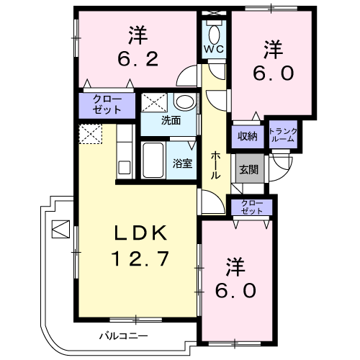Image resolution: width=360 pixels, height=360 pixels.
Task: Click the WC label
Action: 214,49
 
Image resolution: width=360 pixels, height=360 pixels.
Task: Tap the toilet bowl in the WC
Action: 214,35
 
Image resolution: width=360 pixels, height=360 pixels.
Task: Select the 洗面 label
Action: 171,120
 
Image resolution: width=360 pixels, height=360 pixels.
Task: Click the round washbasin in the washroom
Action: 184,102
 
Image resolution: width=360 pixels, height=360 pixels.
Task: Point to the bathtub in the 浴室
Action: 153,161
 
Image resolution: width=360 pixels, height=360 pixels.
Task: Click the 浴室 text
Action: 182,163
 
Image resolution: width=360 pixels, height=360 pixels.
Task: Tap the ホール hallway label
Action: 215,166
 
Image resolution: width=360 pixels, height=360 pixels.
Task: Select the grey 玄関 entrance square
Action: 250,168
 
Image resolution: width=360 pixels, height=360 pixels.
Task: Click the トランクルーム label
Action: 283,135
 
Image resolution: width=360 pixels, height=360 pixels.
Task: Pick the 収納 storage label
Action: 248,136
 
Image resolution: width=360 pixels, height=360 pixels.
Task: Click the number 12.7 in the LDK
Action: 140,258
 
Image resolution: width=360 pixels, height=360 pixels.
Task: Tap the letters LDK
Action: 140,233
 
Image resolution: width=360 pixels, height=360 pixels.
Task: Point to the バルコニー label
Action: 124,336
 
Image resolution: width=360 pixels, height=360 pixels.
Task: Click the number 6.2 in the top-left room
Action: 138,59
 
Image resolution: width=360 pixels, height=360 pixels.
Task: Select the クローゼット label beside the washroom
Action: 107,104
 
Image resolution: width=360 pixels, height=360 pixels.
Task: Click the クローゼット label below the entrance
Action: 252,207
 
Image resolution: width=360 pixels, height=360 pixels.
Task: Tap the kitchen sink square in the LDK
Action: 125,168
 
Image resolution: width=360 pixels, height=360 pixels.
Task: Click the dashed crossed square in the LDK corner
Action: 91,134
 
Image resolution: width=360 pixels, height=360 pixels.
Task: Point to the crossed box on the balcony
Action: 61,229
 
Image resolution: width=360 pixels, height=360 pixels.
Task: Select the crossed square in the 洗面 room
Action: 154,103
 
